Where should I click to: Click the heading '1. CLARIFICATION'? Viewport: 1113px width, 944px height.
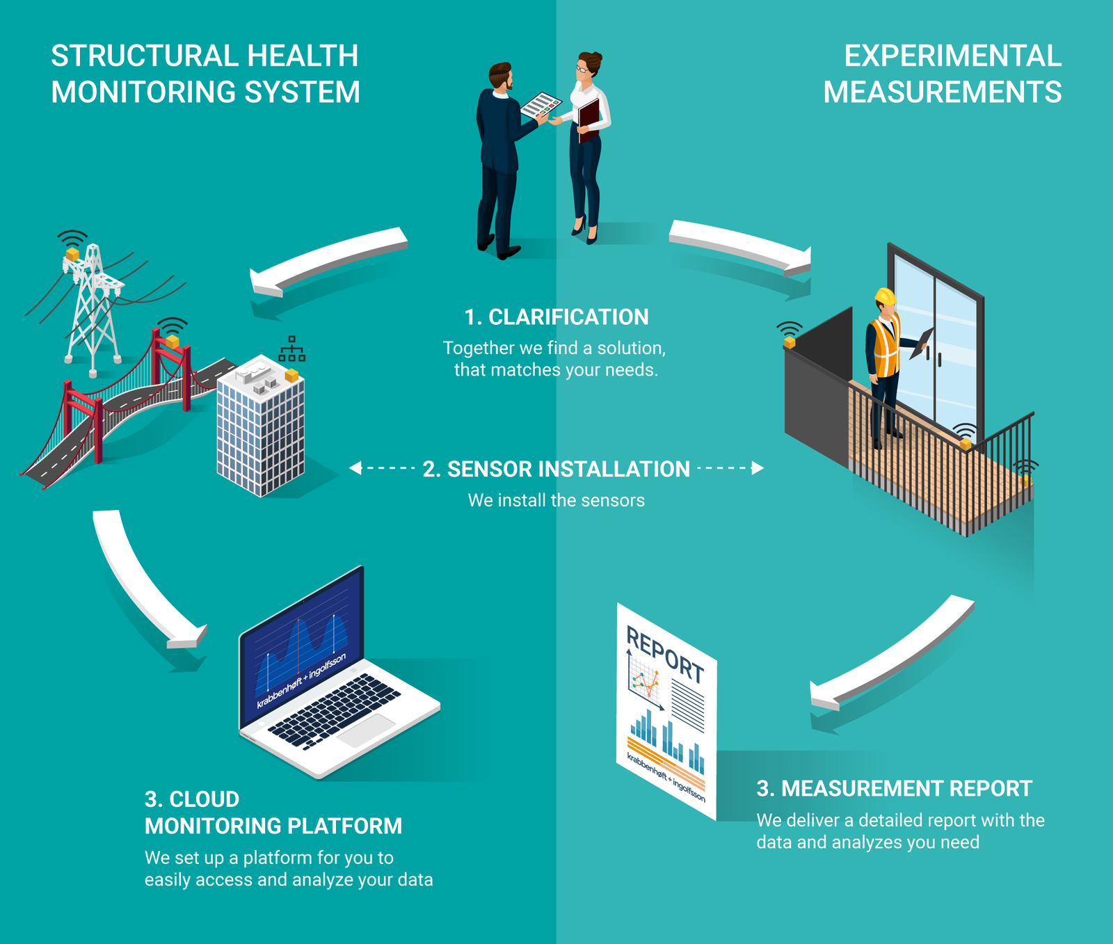pos(556,317)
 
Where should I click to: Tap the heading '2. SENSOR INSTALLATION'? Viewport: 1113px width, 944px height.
pos(556,470)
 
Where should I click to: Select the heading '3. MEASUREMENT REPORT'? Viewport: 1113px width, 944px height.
pos(894,789)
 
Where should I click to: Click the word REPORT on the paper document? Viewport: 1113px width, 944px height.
pos(665,654)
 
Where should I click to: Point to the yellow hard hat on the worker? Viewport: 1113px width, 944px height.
pos(886,296)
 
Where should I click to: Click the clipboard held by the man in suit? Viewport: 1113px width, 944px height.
pos(541,105)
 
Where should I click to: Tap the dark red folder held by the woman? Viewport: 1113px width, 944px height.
pos(588,119)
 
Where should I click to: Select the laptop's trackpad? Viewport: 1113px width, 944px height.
pos(367,730)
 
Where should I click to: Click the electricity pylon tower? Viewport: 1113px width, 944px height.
pos(93,306)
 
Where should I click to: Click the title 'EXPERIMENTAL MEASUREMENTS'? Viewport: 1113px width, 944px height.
pos(943,74)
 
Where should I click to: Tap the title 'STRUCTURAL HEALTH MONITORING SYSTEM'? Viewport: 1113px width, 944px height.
pos(205,74)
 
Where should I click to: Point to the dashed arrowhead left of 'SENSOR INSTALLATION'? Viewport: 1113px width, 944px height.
pos(355,468)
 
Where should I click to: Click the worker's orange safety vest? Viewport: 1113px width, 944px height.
pos(885,346)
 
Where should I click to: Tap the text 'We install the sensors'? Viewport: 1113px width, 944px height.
pos(556,500)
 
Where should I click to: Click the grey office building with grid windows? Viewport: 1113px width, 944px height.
pos(261,426)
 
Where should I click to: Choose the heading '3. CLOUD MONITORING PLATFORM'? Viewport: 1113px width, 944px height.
pos(273,813)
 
